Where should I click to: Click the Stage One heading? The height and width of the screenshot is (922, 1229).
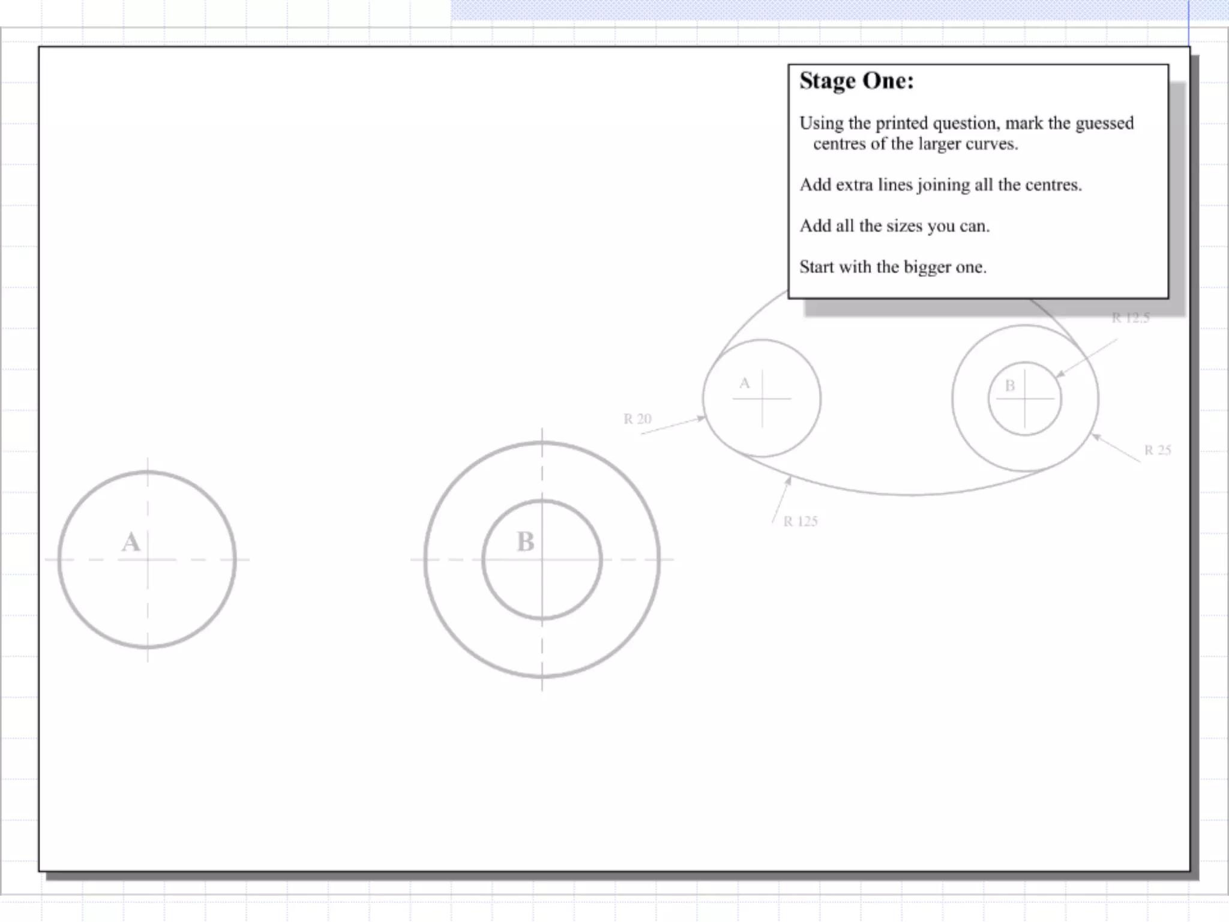pos(856,81)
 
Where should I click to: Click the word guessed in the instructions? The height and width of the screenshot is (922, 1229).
pos(1104,123)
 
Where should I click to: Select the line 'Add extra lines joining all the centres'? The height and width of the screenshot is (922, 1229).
pos(940,185)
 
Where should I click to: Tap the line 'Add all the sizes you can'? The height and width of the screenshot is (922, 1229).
pos(894,226)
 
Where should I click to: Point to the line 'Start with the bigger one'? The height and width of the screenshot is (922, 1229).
pos(892,267)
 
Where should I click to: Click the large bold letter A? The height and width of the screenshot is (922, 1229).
pos(131,542)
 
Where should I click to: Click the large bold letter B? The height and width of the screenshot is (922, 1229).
pos(525,542)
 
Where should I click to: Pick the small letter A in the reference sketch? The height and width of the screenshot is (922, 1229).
pos(744,383)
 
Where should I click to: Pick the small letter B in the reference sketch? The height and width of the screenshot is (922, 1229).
pos(1010,385)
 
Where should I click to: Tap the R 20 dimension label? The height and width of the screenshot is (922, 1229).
pos(637,419)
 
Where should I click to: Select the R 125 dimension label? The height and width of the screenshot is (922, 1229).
pos(801,521)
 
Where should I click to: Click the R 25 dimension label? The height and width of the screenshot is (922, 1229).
pos(1158,450)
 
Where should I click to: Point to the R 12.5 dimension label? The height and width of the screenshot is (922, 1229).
pos(1131,318)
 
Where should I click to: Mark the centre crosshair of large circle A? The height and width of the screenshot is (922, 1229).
pos(148,559)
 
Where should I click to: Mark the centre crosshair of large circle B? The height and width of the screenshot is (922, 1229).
pos(542,559)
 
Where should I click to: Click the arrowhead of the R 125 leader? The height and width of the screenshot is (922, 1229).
pos(789,480)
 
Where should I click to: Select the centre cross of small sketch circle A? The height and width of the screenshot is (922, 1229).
pos(762,398)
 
